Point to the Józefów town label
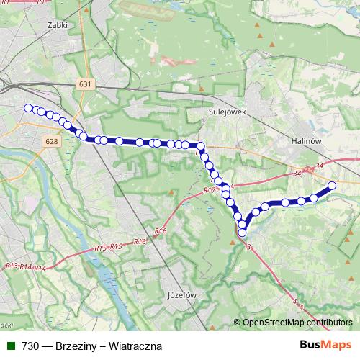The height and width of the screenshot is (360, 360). (181, 295)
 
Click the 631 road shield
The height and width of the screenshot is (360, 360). (85, 84)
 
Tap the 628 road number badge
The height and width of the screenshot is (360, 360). (50, 142)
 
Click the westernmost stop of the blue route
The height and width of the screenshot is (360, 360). (28, 108)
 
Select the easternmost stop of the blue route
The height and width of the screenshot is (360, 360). (333, 186)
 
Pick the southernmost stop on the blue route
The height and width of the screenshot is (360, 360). (242, 232)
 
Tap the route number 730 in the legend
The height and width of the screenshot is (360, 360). (30, 346)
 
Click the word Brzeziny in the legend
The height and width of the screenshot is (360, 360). (76, 346)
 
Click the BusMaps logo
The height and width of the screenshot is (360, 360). (325, 345)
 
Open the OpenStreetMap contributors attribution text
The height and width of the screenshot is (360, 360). (297, 322)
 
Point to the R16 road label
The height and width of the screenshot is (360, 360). (161, 230)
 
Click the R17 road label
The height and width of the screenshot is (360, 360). (209, 189)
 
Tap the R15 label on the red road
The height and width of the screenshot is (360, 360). (101, 248)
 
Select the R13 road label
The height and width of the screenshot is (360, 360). (11, 266)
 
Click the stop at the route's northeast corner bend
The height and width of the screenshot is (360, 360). (201, 146)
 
